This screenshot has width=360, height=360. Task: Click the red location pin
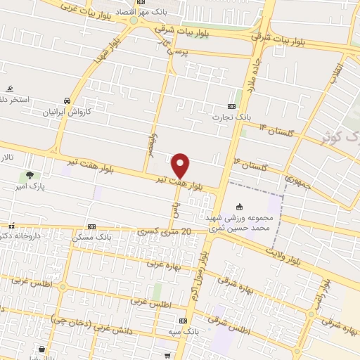181,165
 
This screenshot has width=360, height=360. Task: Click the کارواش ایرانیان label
65,111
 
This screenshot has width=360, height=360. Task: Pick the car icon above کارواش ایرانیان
65,100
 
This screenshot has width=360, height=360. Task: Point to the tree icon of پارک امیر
30,176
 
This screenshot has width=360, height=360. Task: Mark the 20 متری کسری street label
165,231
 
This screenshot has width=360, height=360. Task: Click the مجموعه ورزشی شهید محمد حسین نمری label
239,223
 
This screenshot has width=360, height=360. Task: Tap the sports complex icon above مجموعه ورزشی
239,207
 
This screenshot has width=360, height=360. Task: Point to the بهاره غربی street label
163,264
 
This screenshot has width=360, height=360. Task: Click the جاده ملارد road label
249,77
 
